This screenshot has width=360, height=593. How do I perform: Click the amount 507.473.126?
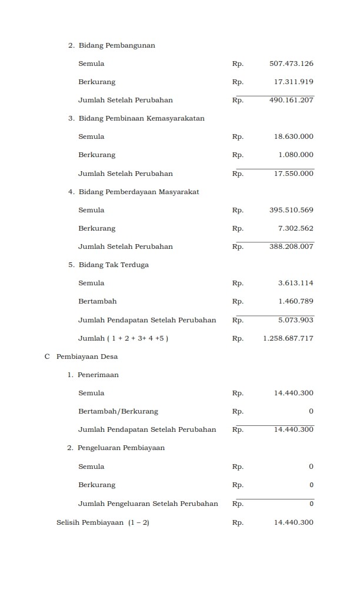tap(291, 64)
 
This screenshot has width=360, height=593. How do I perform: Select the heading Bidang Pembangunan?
tap(116, 45)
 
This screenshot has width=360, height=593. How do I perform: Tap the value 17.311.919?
tap(294, 82)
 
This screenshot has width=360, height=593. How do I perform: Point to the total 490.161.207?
tap(291, 100)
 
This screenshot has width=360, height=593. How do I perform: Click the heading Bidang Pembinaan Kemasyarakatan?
tap(141, 118)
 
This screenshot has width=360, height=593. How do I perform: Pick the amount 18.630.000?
tap(294, 136)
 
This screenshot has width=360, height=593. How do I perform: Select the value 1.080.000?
tap(296, 155)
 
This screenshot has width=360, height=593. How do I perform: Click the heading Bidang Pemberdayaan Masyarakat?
tap(139, 192)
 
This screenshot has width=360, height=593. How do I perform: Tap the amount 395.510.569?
tap(291, 210)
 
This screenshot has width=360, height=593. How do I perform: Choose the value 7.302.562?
tap(296, 228)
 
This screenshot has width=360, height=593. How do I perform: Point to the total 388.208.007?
tap(291, 246)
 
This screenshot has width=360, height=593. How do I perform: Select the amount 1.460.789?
tap(296, 301)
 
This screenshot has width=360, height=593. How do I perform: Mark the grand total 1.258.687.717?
tap(288, 338)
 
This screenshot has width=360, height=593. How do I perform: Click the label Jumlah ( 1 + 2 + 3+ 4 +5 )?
tap(124, 338)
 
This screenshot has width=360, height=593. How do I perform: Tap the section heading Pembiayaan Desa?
tap(87, 357)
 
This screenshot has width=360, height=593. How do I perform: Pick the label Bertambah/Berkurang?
tap(118, 411)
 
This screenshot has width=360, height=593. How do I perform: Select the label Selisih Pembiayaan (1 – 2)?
tap(103, 522)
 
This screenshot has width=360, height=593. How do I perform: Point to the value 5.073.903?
tap(296, 320)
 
